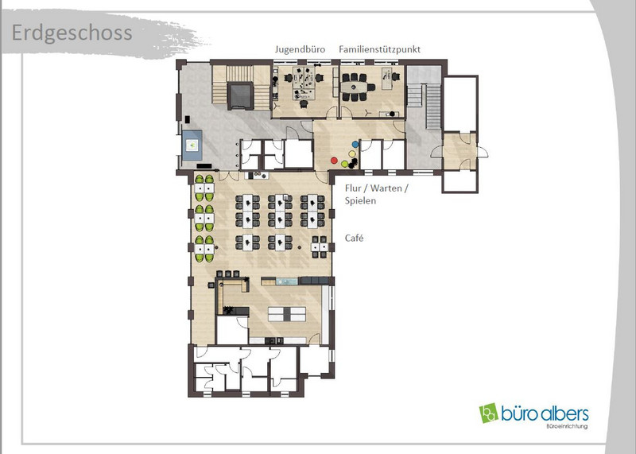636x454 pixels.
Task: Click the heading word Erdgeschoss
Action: click(x=72, y=33)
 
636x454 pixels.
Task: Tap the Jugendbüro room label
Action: click(x=301, y=49)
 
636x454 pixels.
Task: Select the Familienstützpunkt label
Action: click(x=380, y=49)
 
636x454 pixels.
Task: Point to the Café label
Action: click(x=354, y=238)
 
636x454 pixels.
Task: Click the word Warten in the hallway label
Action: click(x=386, y=188)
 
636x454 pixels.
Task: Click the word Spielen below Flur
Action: click(x=360, y=200)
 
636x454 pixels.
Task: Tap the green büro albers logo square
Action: click(x=488, y=413)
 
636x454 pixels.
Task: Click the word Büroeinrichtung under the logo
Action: click(x=567, y=426)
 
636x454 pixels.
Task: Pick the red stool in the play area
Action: click(x=334, y=161)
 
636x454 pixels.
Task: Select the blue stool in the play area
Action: click(x=355, y=144)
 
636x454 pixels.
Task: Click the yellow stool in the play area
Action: click(x=351, y=153)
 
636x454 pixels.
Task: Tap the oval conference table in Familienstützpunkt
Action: click(x=354, y=87)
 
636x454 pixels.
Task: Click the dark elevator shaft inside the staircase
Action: click(x=241, y=95)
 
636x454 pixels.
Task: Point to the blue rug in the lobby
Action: click(x=192, y=145)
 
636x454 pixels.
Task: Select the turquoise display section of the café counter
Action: click(x=287, y=281)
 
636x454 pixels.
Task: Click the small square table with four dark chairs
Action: click(x=320, y=246)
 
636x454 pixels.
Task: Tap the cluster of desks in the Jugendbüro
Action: click(x=304, y=83)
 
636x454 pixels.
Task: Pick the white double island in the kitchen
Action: click(x=287, y=314)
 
